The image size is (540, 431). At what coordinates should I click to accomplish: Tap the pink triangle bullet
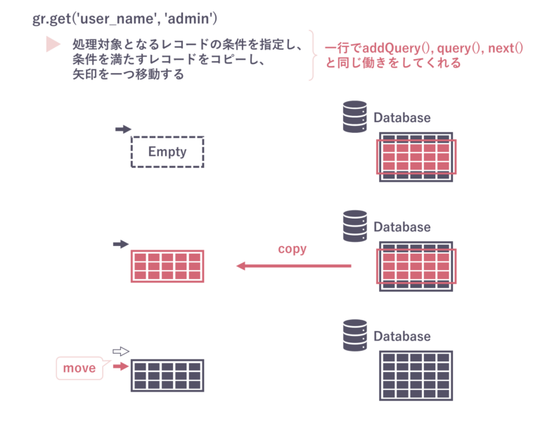tap(53, 44)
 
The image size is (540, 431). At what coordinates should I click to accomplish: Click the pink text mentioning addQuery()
tap(423, 49)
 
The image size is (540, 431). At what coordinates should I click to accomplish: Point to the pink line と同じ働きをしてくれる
tap(393, 63)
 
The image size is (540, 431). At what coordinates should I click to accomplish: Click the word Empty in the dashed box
tap(167, 152)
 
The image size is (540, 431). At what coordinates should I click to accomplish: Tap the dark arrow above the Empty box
tap(123, 129)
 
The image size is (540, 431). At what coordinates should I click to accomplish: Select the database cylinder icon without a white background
tap(354, 117)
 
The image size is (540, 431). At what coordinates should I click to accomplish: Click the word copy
tap(292, 249)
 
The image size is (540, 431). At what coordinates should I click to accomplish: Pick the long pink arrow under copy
tap(293, 266)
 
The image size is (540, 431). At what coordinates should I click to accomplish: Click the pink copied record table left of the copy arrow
tap(167, 266)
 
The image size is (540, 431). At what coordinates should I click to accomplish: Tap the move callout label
tap(79, 368)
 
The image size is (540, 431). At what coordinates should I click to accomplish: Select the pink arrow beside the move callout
tap(121, 366)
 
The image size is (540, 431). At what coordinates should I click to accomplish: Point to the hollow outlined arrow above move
tap(122, 351)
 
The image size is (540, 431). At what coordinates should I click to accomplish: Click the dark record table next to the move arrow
tap(167, 375)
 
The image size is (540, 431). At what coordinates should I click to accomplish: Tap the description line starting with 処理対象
tap(187, 45)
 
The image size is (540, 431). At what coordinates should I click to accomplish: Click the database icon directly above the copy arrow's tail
tap(354, 226)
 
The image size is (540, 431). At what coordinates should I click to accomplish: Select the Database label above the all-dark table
tap(402, 337)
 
